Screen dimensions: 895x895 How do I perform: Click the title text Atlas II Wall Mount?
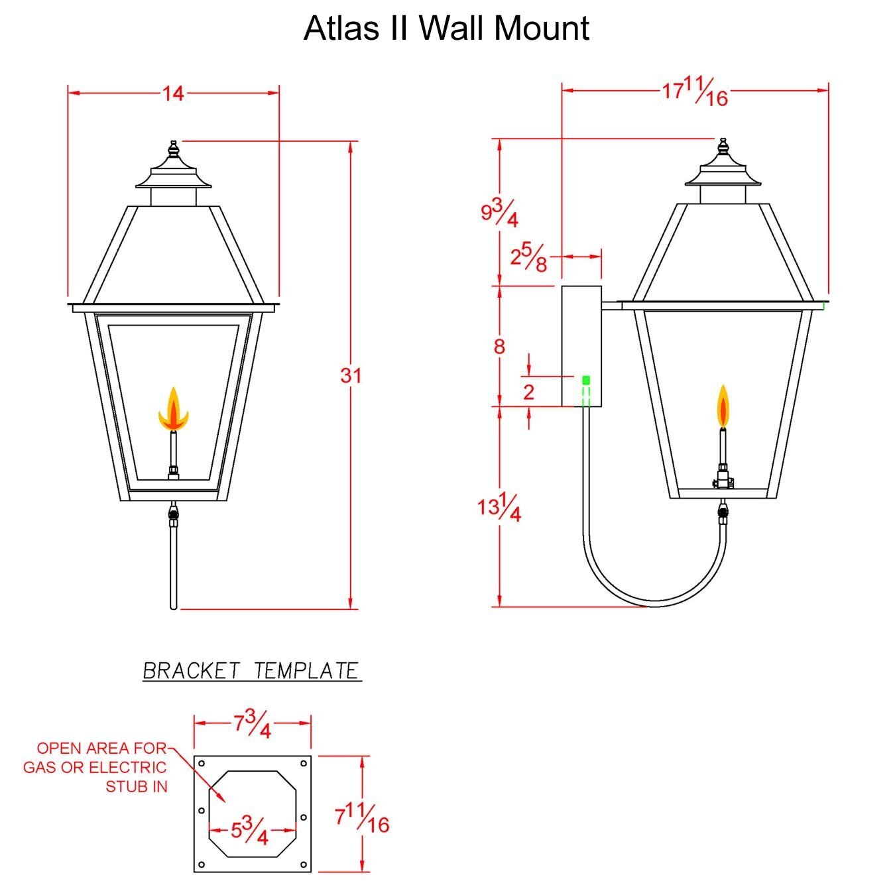point(446,28)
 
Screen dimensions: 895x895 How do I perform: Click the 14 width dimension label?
point(173,94)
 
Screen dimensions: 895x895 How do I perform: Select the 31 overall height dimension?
point(351,375)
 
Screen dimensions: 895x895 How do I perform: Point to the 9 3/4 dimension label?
point(499,212)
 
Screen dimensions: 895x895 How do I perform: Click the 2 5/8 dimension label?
point(528,257)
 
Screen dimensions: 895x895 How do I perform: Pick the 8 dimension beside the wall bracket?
point(499,347)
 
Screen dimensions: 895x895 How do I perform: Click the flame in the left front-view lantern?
point(173,409)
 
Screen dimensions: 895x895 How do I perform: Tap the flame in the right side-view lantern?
point(723,406)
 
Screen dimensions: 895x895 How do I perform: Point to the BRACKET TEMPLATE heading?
point(251,671)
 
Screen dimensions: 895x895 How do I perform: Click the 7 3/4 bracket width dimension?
point(252,725)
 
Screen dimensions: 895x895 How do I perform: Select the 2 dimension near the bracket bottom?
point(528,392)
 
